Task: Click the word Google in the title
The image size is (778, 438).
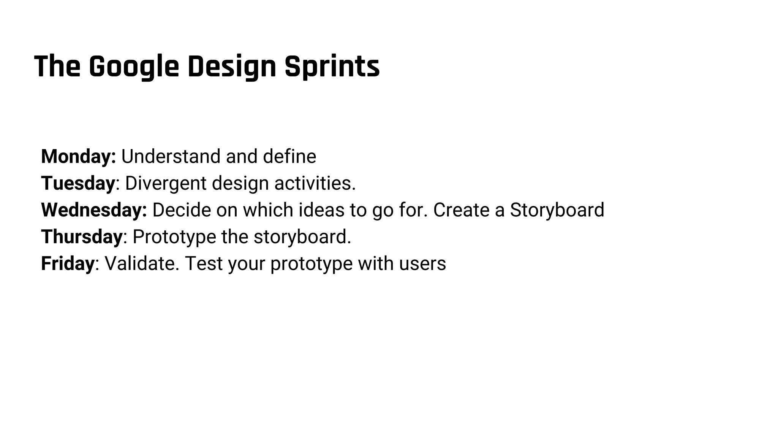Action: point(133,67)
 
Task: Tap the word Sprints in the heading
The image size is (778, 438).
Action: point(332,67)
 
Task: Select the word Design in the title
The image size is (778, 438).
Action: point(231,67)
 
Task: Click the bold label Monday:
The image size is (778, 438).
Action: point(78,156)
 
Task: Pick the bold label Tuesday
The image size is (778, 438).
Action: point(78,183)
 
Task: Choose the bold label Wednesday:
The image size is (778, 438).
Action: point(94,210)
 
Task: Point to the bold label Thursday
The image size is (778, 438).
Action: point(82,236)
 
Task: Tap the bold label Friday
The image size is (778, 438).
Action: point(68,263)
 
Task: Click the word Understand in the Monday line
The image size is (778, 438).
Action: point(171,156)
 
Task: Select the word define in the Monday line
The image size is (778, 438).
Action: point(289,156)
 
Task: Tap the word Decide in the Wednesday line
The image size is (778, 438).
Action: point(181,210)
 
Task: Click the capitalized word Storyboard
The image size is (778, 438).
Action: point(557,210)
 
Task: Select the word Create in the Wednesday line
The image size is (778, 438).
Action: point(461,210)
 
